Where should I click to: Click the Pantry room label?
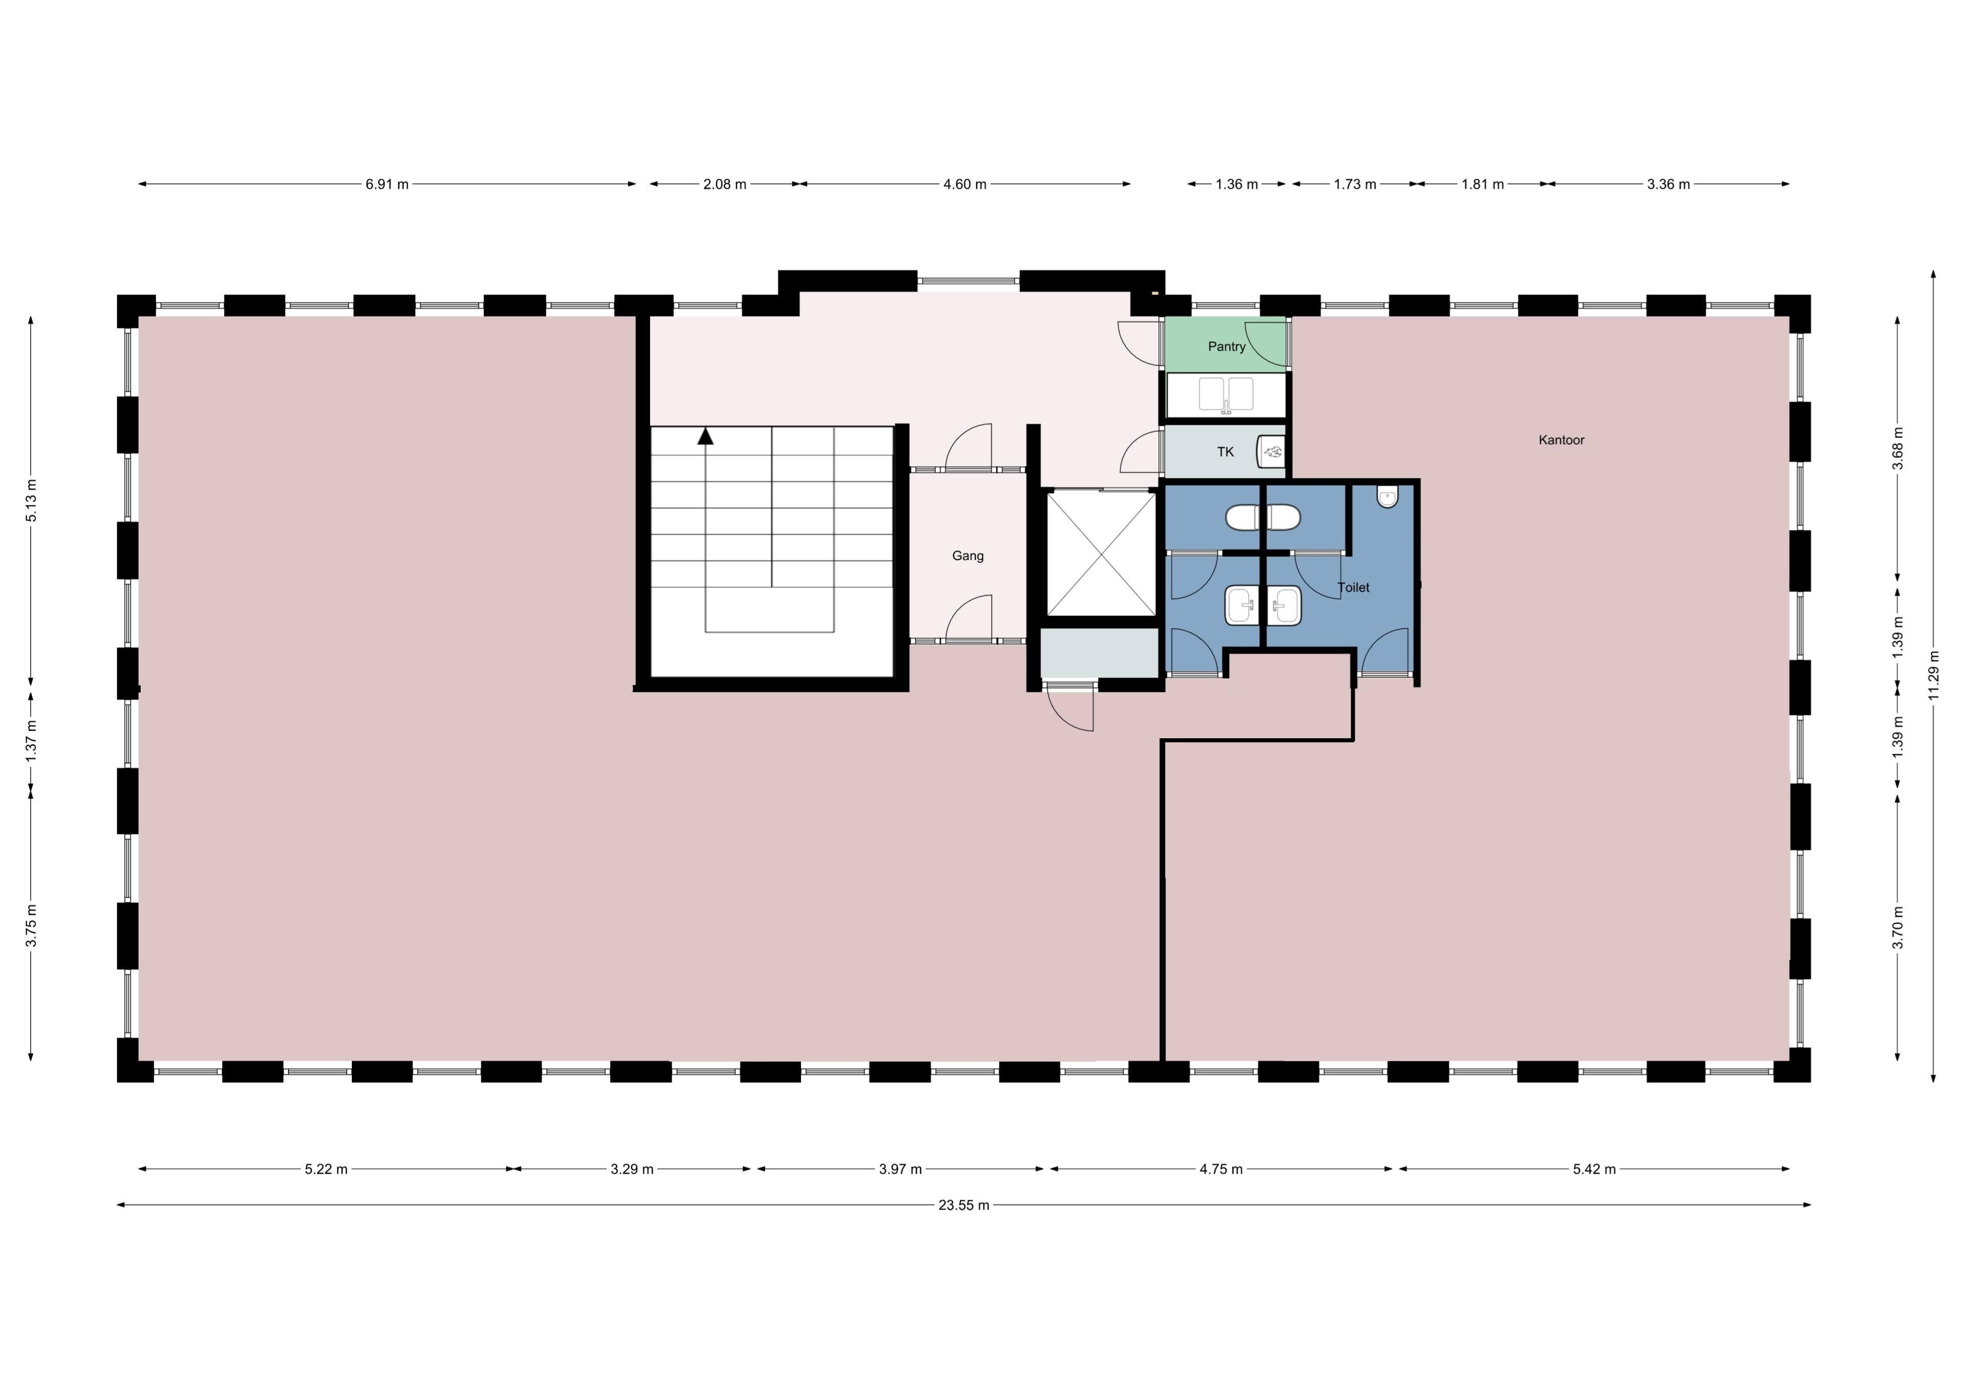coord(1226,346)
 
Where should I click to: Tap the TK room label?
coord(1225,452)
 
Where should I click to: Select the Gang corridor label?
coord(968,556)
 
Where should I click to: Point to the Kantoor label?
coord(1561,440)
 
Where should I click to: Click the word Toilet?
coord(1353,587)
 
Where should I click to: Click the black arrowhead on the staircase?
coord(705,436)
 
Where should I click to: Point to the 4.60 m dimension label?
coord(965,184)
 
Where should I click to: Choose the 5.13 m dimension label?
coord(31,501)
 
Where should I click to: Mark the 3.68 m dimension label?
coord(1898,449)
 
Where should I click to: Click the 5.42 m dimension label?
coord(1594,1169)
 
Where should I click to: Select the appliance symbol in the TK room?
coord(1271,451)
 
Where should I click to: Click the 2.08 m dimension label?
coord(725,184)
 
